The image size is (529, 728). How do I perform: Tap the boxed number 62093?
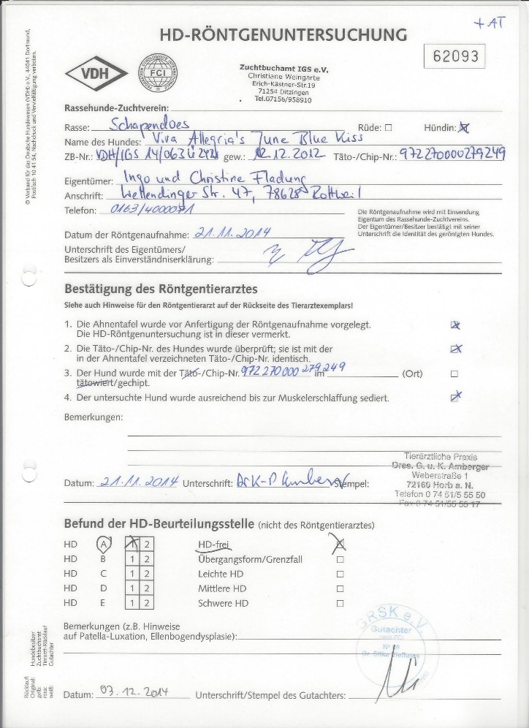pos(455,56)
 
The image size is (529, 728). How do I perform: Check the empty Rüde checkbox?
pos(388,127)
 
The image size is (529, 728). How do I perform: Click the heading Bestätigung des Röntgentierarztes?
pos(160,289)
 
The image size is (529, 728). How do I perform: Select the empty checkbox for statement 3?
pos(454,374)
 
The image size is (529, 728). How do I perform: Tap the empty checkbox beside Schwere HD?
pos(340,604)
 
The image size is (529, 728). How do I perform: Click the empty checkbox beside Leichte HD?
pos(340,575)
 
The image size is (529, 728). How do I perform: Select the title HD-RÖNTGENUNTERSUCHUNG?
pos(283,34)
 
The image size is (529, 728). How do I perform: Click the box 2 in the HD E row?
pos(147,604)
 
